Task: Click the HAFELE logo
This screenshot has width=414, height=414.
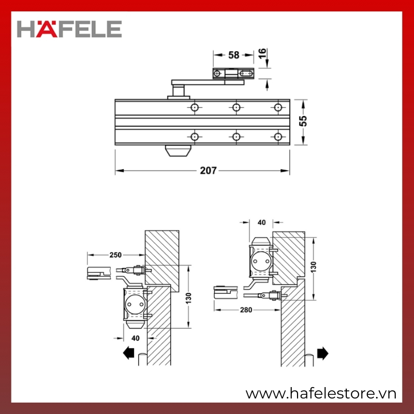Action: pyautogui.click(x=69, y=29)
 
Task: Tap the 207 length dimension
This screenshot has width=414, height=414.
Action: pyautogui.click(x=209, y=171)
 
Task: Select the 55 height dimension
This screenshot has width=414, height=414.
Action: pyautogui.click(x=303, y=121)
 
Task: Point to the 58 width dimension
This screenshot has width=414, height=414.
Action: pyautogui.click(x=234, y=55)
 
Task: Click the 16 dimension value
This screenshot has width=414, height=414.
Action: pyautogui.click(x=262, y=54)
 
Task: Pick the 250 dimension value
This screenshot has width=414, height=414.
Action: pyautogui.click(x=115, y=255)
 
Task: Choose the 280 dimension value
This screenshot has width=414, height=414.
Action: pyautogui.click(x=246, y=309)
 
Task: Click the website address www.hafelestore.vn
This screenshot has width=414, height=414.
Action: pyautogui.click(x=321, y=394)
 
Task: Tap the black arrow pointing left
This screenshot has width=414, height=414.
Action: pyautogui.click(x=128, y=353)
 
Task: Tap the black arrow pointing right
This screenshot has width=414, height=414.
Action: pyautogui.click(x=322, y=353)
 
